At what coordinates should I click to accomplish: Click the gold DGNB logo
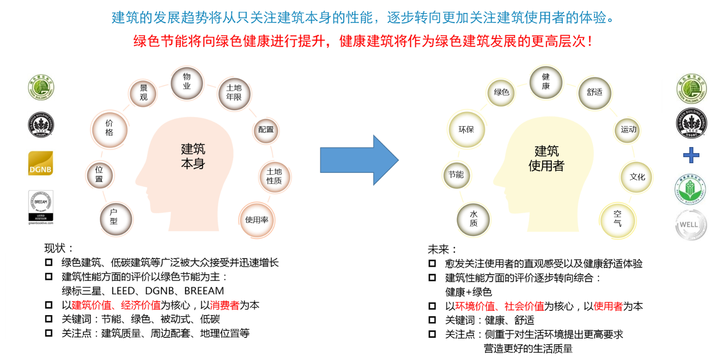click(41, 164)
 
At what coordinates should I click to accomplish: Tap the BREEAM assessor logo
click(41, 207)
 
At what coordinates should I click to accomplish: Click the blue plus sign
click(691, 155)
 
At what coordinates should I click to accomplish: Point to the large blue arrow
click(359, 160)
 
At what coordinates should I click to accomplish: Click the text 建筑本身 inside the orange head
click(193, 156)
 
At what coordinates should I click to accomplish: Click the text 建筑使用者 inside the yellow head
click(546, 158)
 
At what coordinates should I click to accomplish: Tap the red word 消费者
click(225, 305)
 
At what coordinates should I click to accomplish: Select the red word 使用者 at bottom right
click(608, 306)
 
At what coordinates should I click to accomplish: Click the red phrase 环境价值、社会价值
click(499, 306)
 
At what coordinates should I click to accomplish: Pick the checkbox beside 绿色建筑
click(49, 262)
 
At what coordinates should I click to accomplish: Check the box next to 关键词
click(49, 319)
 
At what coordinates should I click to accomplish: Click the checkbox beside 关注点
click(49, 333)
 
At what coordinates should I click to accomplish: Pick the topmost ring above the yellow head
click(546, 82)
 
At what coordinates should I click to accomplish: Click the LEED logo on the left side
click(41, 125)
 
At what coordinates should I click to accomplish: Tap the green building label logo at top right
click(692, 89)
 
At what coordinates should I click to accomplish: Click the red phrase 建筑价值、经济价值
click(116, 305)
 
